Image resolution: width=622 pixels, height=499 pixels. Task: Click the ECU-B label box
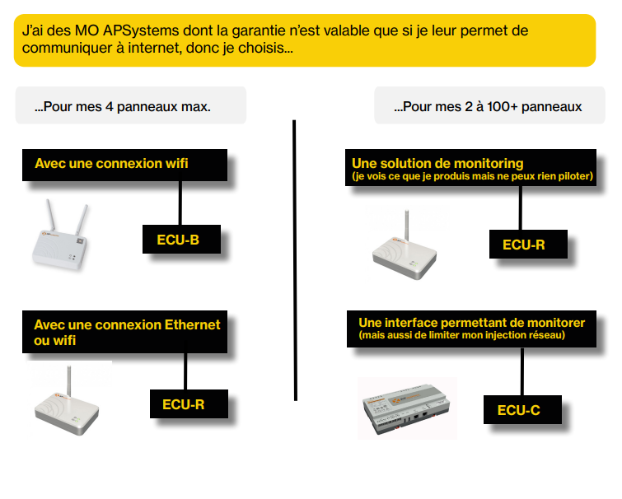[x=181, y=239]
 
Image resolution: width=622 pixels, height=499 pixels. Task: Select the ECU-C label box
[x=522, y=409]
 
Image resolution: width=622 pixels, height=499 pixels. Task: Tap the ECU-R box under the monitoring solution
[x=528, y=245]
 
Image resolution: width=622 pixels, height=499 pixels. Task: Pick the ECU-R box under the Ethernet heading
[x=189, y=403]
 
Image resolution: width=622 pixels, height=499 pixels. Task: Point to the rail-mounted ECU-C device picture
[x=407, y=408]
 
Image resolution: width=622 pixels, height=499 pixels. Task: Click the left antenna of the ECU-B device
[x=51, y=215]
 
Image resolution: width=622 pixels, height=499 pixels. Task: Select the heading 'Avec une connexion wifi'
[x=111, y=163]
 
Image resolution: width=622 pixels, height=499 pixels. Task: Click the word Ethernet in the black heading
[x=193, y=324]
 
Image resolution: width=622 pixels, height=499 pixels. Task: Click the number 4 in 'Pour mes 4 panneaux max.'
[x=109, y=106]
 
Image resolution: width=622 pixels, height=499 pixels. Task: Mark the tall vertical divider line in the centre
[x=295, y=260]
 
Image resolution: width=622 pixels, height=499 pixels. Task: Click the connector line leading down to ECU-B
[x=180, y=203]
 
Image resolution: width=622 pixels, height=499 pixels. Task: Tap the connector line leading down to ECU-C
[x=522, y=371]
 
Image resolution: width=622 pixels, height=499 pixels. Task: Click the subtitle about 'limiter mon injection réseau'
[x=461, y=335]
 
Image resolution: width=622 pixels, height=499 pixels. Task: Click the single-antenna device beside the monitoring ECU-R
[x=405, y=246]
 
